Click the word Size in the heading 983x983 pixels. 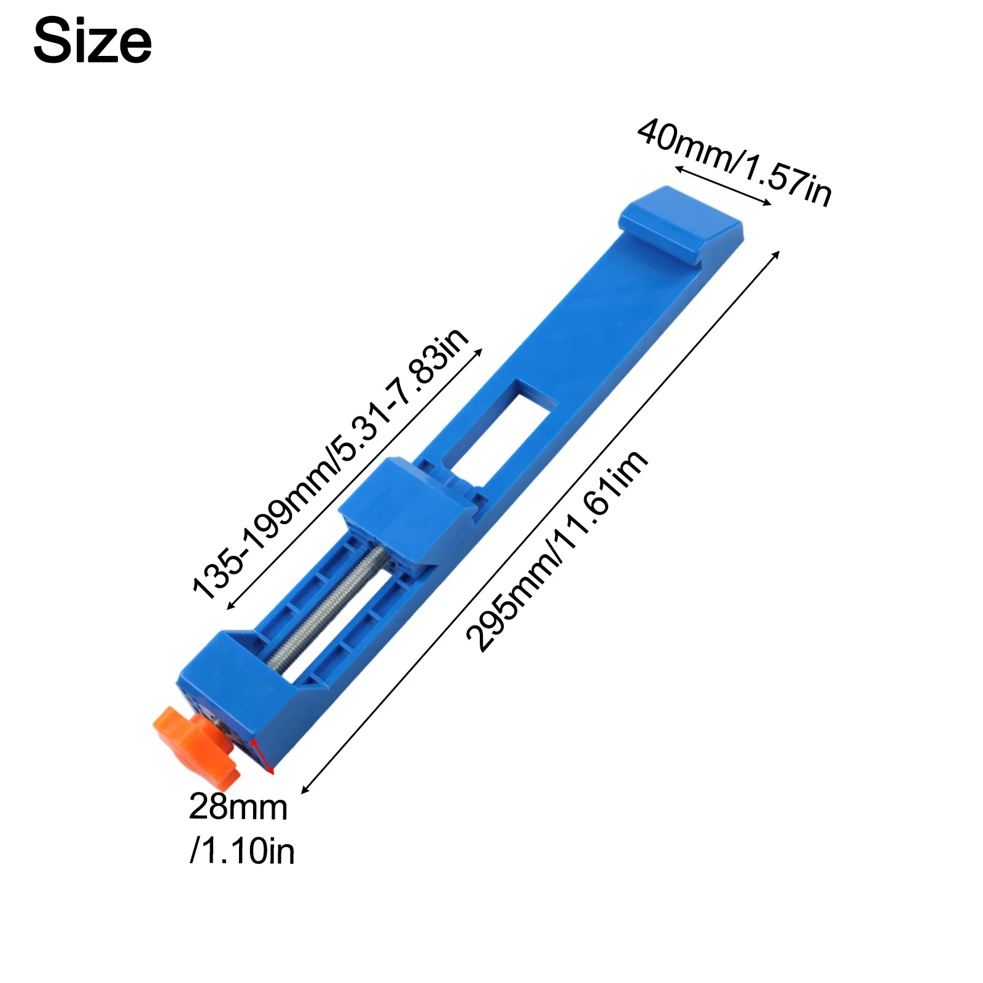[92, 41]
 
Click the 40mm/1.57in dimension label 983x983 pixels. [735, 162]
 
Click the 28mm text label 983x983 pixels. [238, 807]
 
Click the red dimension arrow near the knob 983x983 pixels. [261, 755]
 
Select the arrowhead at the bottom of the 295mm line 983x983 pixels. [304, 791]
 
